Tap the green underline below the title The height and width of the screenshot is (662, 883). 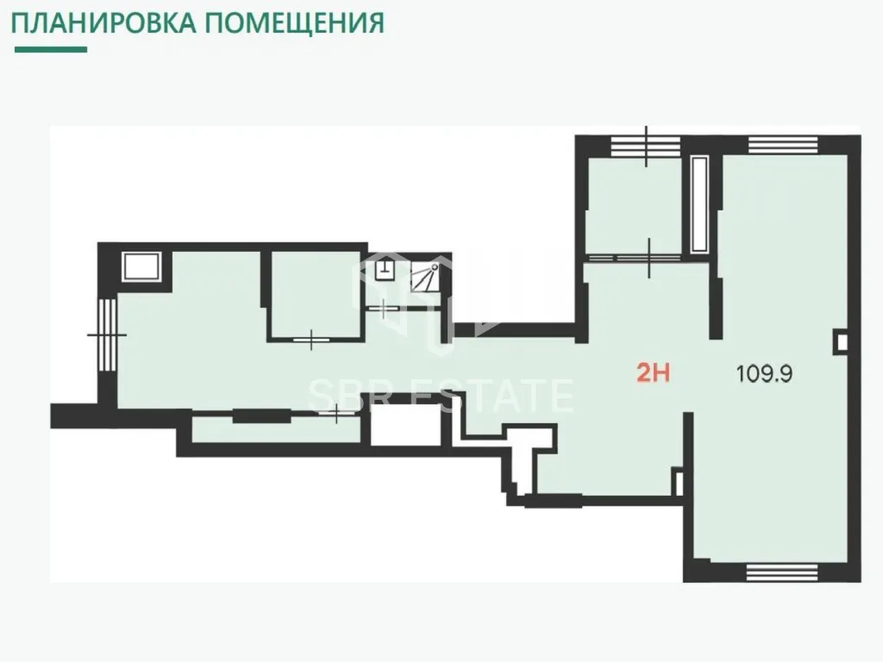point(51,49)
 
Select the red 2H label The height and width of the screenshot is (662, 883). point(654,372)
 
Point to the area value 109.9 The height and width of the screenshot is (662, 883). point(764,374)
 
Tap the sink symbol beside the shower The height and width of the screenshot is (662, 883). point(385,269)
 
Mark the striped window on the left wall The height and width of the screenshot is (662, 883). point(107,334)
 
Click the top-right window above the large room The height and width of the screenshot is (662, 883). point(783,145)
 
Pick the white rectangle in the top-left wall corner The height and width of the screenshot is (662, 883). point(141,266)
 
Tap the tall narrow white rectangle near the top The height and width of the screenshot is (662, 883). point(699,203)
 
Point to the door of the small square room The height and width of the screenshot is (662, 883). point(311,339)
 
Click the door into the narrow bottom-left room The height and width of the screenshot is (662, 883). point(336,414)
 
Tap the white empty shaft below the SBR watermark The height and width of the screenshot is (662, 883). point(405,425)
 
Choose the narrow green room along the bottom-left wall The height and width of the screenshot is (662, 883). point(276,429)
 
